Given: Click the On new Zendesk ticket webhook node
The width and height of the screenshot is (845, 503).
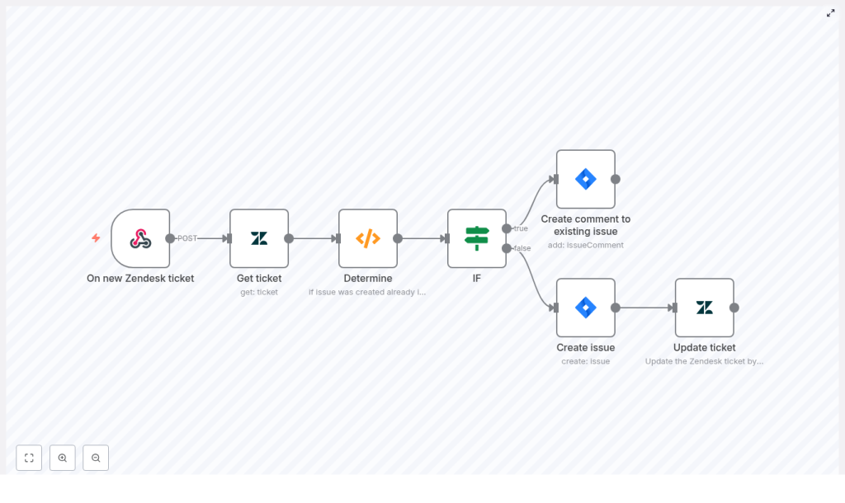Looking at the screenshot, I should (x=140, y=238).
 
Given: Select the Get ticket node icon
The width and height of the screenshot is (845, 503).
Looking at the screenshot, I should (x=259, y=238).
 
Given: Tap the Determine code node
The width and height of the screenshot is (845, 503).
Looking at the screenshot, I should (x=368, y=238).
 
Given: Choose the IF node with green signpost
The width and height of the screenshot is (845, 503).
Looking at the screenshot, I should (x=477, y=238).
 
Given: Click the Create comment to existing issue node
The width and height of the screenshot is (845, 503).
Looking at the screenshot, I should (x=586, y=179).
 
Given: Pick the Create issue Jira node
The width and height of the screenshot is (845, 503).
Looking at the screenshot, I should (x=586, y=308).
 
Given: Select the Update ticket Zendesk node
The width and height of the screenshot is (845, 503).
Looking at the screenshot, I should (x=705, y=308).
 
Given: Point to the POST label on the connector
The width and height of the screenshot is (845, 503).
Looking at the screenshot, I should (x=187, y=238).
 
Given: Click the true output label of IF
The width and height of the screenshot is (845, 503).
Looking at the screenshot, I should (x=521, y=228).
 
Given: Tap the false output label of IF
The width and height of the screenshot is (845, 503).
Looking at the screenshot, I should (x=522, y=248).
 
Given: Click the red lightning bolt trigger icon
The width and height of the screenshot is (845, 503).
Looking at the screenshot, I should (x=96, y=238).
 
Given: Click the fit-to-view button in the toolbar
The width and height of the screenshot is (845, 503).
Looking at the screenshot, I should (x=29, y=458).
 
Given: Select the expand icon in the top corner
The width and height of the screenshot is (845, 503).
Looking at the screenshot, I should (x=831, y=13).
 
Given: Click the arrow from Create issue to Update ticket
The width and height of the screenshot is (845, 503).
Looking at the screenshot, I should (x=645, y=308).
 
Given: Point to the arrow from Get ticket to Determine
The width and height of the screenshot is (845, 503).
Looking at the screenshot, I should (x=314, y=238).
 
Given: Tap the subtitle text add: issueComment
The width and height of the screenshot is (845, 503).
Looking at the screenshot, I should (x=586, y=245).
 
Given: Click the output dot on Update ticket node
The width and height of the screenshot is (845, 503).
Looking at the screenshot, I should (x=734, y=308).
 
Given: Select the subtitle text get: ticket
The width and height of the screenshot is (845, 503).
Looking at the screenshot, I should (x=259, y=292).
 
